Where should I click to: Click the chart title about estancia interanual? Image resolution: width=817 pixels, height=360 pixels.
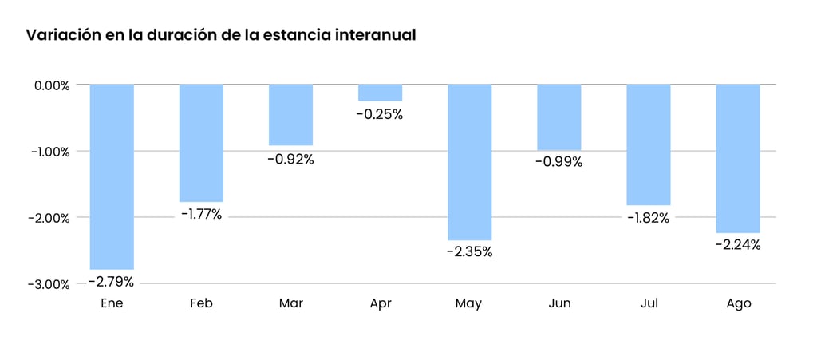point(221,36)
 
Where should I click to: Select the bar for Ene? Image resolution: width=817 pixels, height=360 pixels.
point(112,176)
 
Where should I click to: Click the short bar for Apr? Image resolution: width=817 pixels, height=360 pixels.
point(380,93)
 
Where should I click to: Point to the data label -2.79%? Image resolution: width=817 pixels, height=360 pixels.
point(111,282)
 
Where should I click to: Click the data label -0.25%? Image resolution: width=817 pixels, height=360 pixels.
point(380,114)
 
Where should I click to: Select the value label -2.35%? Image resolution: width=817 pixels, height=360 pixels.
point(469,252)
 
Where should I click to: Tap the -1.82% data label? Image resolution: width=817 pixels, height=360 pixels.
point(648,218)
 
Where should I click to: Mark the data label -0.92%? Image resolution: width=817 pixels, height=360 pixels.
point(290,159)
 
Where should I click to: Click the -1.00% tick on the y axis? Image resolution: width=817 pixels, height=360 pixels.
point(50,152)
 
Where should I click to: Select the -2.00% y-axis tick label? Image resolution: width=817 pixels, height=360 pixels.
point(49,218)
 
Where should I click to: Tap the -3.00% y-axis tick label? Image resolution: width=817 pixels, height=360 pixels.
point(49,284)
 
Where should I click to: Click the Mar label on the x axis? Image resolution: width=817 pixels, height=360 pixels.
point(290,303)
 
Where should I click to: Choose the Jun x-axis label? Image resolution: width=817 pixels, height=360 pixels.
point(558,303)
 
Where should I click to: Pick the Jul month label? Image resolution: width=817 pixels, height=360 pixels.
point(648,303)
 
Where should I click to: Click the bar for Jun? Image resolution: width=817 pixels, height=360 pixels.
point(558,117)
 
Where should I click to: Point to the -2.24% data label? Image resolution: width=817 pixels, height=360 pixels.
point(738,245)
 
